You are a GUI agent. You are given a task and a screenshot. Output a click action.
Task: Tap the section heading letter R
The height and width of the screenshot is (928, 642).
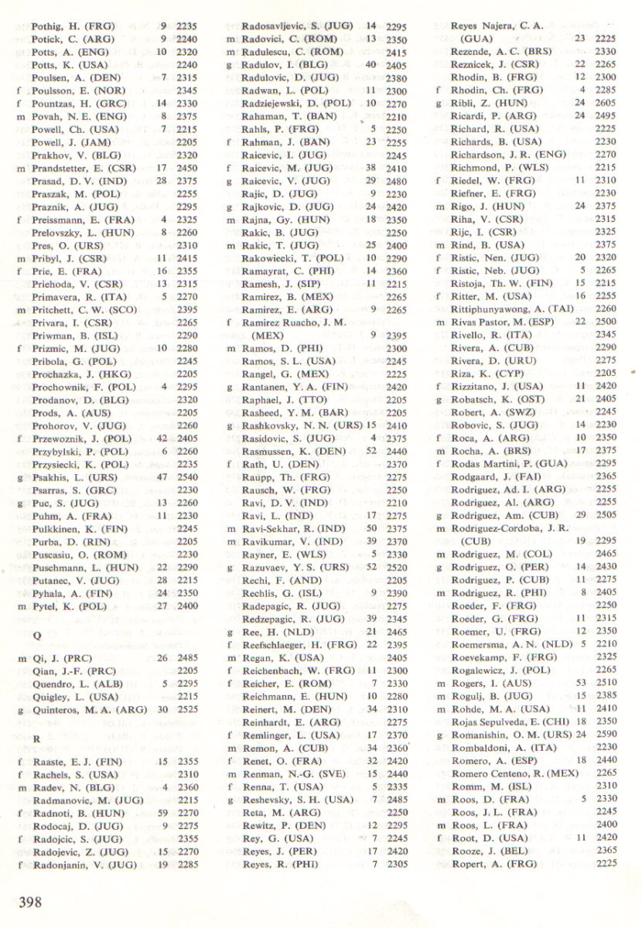point(36,739)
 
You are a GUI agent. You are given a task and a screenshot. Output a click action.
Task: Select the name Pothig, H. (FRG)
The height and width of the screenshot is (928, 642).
point(72,26)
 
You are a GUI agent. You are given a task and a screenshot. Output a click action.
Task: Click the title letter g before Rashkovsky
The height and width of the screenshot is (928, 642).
point(230,425)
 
